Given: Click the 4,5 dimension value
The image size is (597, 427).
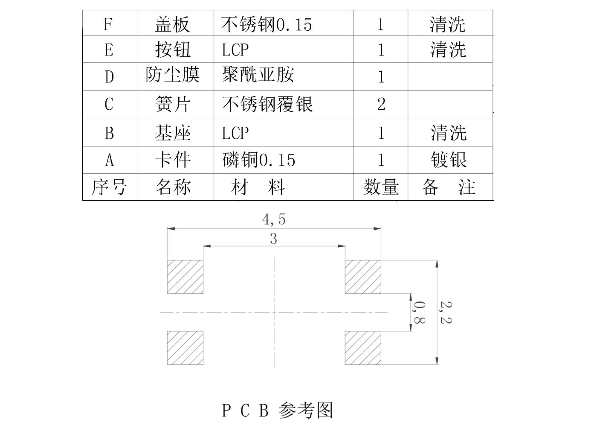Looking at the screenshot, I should (x=274, y=219).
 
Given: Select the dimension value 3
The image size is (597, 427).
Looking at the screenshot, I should (x=273, y=239).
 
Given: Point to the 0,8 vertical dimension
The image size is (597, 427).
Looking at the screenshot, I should (x=419, y=312).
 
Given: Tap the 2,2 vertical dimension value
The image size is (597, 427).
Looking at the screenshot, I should (x=446, y=312).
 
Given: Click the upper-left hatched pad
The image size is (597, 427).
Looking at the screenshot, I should (x=185, y=277).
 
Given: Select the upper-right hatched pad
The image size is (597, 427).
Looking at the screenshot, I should (x=363, y=277).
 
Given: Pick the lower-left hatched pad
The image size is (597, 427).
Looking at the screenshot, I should (x=185, y=348).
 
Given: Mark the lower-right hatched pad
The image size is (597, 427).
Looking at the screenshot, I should (x=363, y=348).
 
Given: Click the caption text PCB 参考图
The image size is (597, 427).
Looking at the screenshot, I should (x=277, y=410).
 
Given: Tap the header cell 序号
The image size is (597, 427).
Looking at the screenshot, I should (x=109, y=187).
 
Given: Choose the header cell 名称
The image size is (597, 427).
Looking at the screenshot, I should (x=173, y=187).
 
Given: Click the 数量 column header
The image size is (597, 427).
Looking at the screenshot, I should (x=381, y=187).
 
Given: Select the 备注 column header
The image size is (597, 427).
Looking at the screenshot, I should (x=449, y=187).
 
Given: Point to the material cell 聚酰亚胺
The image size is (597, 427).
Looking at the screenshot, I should (x=258, y=75).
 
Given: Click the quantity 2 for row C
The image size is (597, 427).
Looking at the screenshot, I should (x=381, y=104).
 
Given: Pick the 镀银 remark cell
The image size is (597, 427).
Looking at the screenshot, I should (x=449, y=160).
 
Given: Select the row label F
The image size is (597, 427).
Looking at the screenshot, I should (x=108, y=24).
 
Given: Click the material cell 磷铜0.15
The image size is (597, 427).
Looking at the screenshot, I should (x=259, y=160).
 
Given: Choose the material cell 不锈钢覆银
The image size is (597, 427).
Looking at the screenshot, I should (x=267, y=104).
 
